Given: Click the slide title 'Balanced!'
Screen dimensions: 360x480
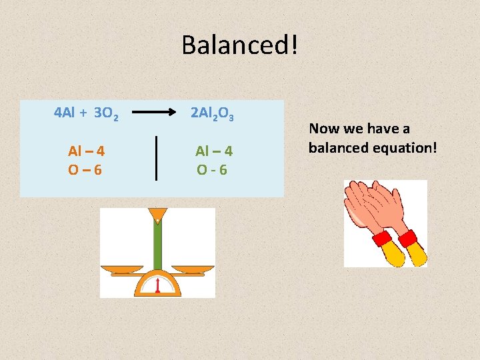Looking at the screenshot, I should point(240,45).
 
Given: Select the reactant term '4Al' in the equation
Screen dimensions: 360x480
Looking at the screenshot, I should point(65,113).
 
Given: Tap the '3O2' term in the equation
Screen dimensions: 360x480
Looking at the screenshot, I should point(107,114).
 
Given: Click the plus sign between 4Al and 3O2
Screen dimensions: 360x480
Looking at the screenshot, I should point(84,113).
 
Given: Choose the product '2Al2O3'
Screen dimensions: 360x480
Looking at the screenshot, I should point(212,114).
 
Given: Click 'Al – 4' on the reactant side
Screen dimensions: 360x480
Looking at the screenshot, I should point(86,151).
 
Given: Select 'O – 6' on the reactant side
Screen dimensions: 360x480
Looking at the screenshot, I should point(85,169).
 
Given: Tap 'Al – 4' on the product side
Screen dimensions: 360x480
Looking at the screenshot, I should point(213,151).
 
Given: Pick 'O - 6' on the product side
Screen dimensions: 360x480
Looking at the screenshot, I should point(213,169).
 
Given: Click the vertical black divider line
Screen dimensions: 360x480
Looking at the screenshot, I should point(156,157).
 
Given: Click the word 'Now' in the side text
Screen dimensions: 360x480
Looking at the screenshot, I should point(324,129).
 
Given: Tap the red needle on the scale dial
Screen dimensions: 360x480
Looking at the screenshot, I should point(157,285).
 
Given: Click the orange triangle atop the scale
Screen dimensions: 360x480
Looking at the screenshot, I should point(158,214).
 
